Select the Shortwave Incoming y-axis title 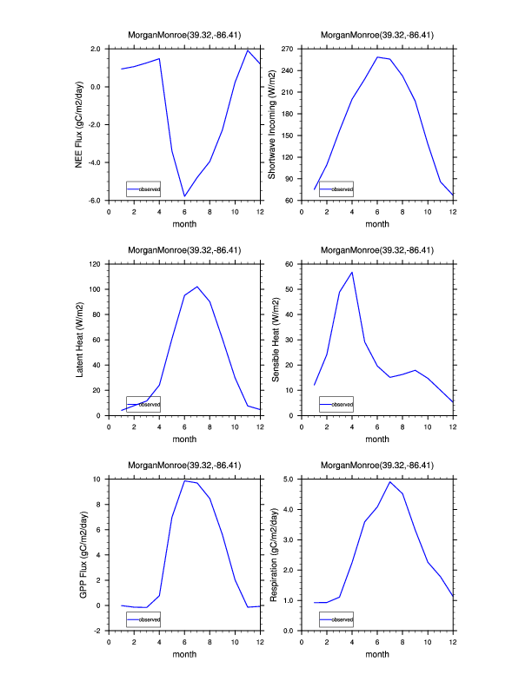(271, 124)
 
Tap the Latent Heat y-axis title (80, 340)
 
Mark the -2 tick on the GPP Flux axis (100, 631)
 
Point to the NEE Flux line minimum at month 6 (184, 196)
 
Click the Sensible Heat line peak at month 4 (352, 272)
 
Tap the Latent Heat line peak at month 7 (197, 287)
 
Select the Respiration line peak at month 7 (390, 481)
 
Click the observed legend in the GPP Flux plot (143, 619)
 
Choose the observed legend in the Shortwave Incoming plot (336, 189)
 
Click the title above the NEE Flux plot (184, 36)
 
